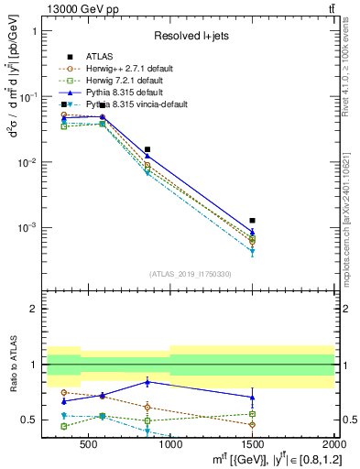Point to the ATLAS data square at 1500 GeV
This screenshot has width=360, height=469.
pyautogui.click(x=252, y=221)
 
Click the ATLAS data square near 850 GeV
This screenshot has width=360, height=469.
pyautogui.click(x=147, y=149)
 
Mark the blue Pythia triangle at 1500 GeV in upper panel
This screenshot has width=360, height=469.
pyautogui.click(x=252, y=233)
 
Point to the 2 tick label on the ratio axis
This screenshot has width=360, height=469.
pyautogui.click(x=33, y=309)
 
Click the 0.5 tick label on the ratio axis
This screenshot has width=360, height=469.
pyautogui.click(x=29, y=420)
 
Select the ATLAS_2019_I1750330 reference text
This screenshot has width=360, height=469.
pyautogui.click(x=191, y=274)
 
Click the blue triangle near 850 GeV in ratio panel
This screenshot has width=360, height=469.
pyautogui.click(x=147, y=381)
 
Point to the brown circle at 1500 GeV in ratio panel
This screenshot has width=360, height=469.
pyautogui.click(x=252, y=424)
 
